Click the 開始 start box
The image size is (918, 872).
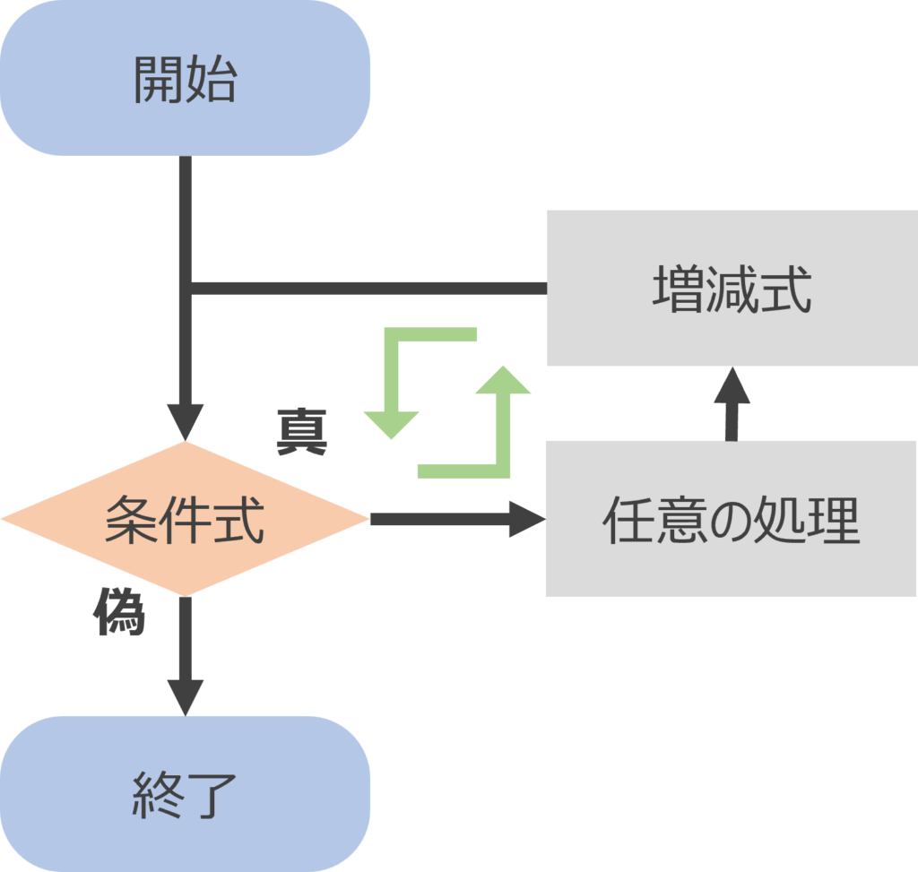pos(185,79)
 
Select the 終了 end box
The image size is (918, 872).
pos(185,794)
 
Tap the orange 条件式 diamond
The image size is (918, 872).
pos(185,519)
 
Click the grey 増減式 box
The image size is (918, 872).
pos(732,288)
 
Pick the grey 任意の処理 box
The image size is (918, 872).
pos(732,520)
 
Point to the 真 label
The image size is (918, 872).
pos(301,433)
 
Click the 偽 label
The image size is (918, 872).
pos(119,614)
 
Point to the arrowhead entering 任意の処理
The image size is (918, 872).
pos(527,520)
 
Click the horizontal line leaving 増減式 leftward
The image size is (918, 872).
pos(368,288)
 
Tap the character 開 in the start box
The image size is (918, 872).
pos(159,80)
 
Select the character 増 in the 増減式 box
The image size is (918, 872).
pos(678,289)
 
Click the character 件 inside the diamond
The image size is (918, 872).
pos(185,520)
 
